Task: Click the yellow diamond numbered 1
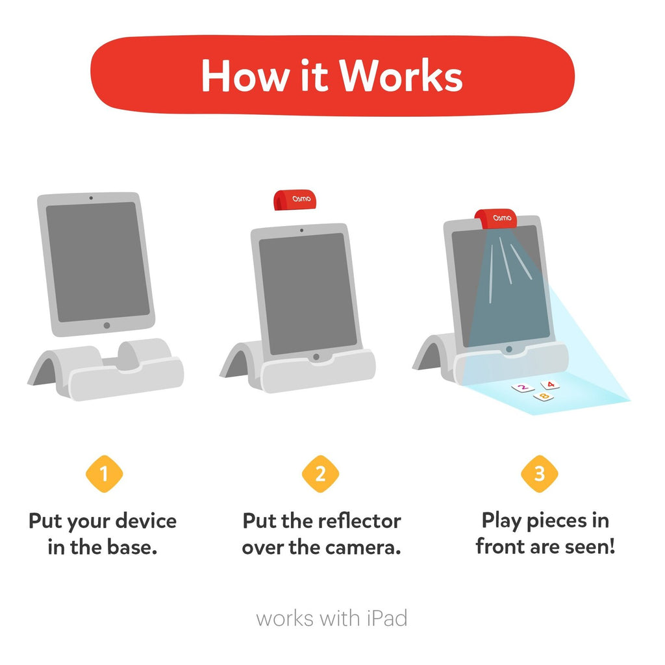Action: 104,473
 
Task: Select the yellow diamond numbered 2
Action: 320,473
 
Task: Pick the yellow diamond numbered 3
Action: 540,473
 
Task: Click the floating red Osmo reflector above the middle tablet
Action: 295,200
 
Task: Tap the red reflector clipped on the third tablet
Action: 496,219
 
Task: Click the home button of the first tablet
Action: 107,325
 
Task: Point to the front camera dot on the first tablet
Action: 91,198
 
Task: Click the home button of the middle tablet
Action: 316,357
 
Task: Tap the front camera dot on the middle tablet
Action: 301,231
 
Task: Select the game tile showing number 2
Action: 523,388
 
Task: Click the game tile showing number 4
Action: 550,384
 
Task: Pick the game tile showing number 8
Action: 544,397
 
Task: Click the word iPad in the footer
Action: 387,618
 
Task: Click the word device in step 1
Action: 146,521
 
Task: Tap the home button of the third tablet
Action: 509,349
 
